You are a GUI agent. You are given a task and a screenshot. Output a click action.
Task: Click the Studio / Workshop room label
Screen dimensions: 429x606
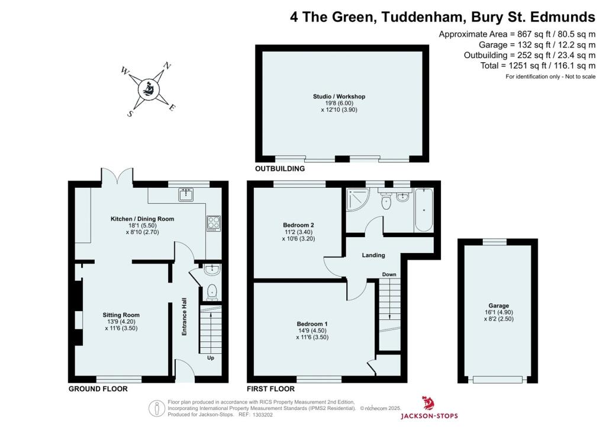click(x=339, y=97)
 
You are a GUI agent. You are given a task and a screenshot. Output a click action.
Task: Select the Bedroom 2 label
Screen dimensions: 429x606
click(x=298, y=225)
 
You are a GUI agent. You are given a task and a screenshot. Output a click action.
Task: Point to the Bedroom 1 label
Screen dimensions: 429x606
click(x=312, y=324)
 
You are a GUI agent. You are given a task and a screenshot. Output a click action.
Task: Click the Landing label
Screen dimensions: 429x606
click(x=373, y=255)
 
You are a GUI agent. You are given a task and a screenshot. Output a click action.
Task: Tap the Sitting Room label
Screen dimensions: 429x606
click(x=121, y=315)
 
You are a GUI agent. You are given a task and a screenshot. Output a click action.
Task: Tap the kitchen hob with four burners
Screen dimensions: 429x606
click(x=212, y=223)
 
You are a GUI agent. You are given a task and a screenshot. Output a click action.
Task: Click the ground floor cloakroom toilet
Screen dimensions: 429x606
click(x=212, y=292)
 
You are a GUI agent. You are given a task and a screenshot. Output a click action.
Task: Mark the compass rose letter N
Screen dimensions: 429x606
click(x=167, y=66)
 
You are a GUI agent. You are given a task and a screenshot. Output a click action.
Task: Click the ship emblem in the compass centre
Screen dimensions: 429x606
click(x=148, y=89)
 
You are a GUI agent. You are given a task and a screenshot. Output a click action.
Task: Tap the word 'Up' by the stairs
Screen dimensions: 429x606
click(x=210, y=358)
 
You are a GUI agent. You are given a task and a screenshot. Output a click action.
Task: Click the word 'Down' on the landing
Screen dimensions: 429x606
click(x=389, y=274)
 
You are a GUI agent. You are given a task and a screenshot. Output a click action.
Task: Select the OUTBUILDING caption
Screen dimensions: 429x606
click(x=280, y=169)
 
